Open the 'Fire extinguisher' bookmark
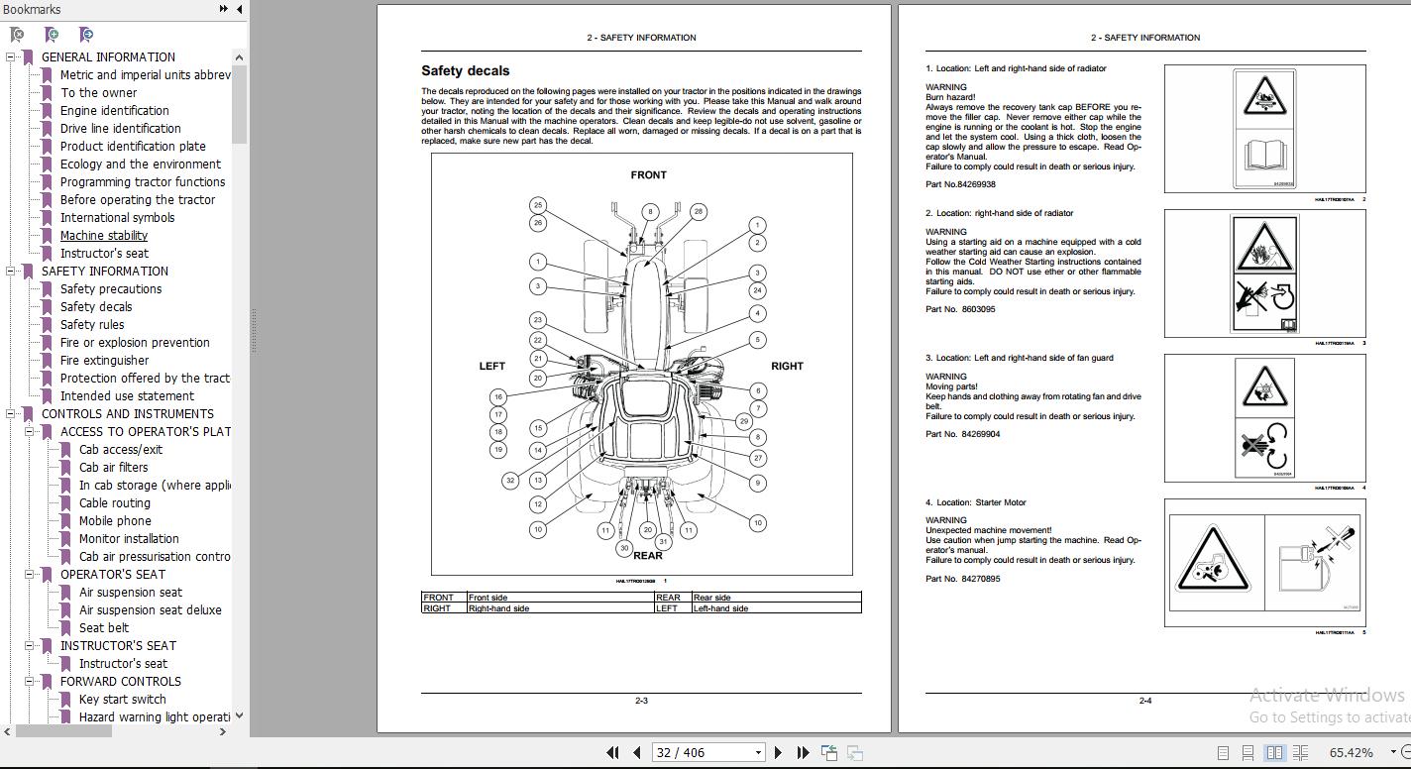(104, 360)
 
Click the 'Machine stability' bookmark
(103, 235)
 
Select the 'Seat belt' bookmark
(104, 627)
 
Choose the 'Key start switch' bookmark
(122, 699)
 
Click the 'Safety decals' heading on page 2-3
(465, 70)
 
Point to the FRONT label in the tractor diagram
(648, 175)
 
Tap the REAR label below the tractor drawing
(647, 556)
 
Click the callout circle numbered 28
(698, 211)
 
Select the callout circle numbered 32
(510, 481)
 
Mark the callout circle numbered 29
(744, 421)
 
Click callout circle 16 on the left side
(498, 396)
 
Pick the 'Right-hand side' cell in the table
(498, 608)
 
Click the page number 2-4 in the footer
(1144, 701)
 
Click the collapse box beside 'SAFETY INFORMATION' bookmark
(11, 272)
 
